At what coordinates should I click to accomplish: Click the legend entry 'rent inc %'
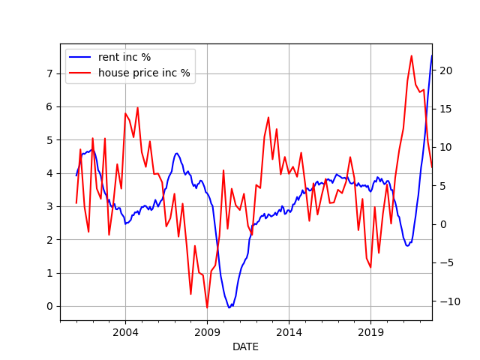[124, 58]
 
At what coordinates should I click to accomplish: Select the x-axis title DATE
[245, 347]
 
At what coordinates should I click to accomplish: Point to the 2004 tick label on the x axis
[125, 331]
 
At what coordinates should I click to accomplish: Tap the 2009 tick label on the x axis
[207, 331]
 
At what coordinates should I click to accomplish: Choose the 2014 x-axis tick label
[289, 331]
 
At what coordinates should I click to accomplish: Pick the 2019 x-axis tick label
[371, 331]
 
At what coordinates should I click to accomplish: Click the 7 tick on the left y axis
[50, 73]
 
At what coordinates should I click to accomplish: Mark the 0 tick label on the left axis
[50, 306]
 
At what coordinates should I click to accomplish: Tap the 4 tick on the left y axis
[50, 173]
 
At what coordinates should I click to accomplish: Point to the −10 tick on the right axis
[445, 301]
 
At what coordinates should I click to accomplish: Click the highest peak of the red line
[411, 55]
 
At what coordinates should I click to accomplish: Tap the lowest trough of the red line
[207, 307]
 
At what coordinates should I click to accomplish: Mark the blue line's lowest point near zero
[229, 307]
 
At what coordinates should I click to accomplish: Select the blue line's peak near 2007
[177, 153]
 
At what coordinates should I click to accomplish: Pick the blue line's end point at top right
[432, 55]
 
